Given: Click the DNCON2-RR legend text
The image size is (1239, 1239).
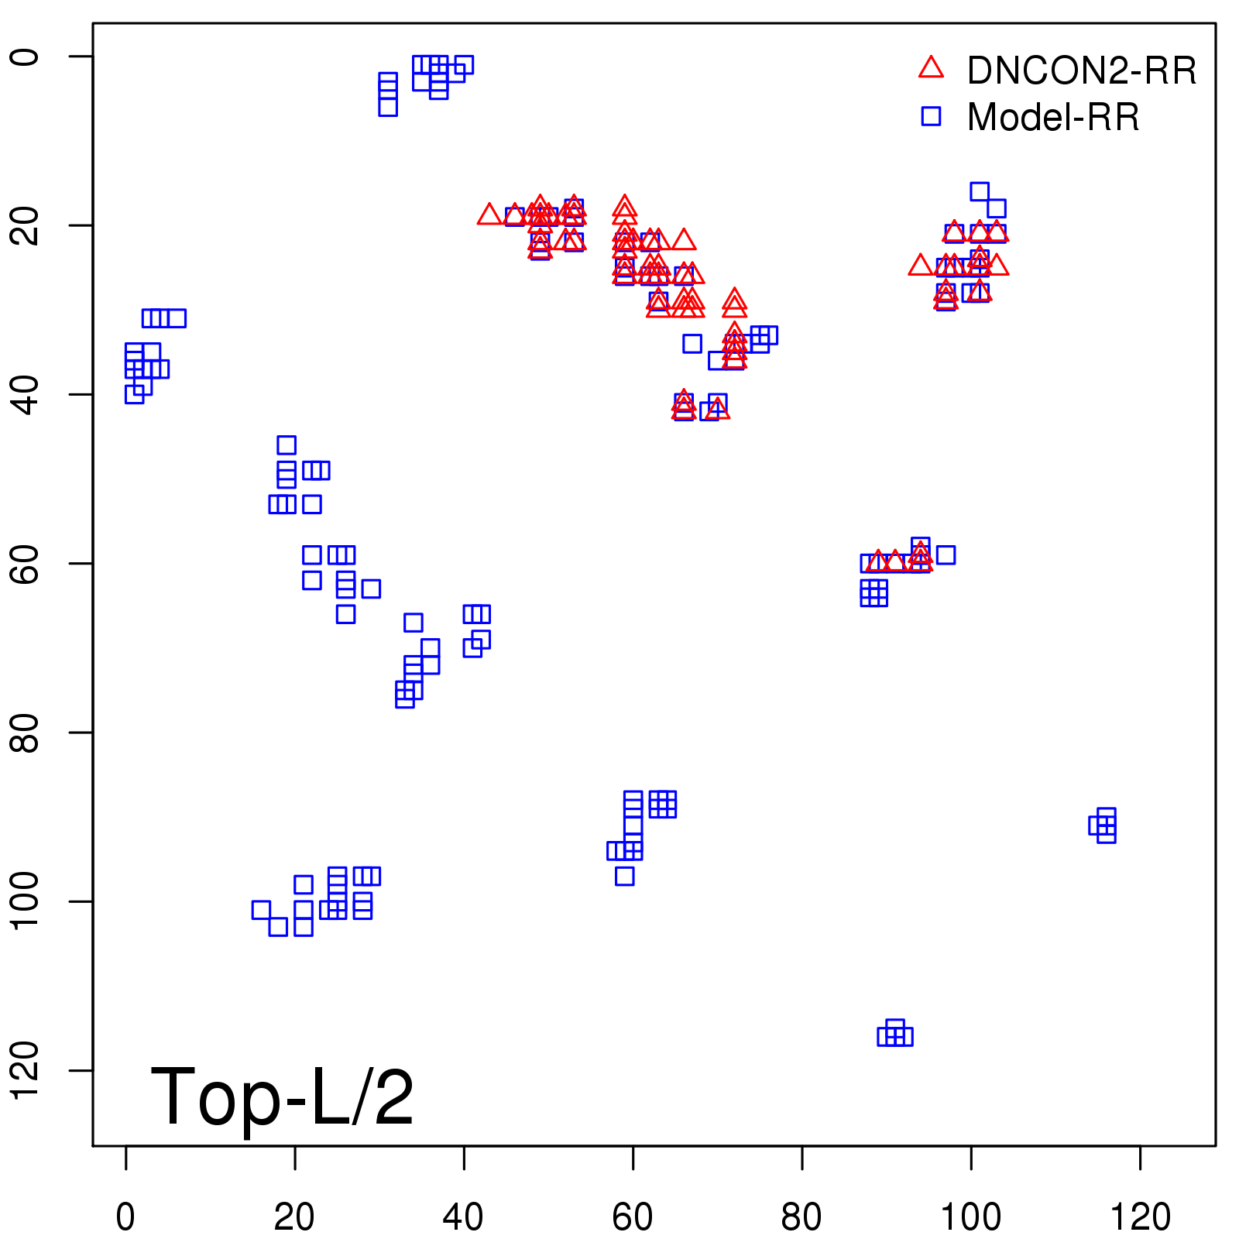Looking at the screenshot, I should (x=1081, y=71).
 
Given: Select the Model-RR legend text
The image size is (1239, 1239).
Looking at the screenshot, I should (x=1053, y=118).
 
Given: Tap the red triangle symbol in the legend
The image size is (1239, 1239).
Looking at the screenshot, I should (x=931, y=68).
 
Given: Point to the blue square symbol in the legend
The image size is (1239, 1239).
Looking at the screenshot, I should (x=931, y=116).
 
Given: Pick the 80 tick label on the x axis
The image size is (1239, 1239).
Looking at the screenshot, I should (x=801, y=1217).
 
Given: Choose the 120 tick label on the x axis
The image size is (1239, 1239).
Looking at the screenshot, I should (x=1140, y=1217).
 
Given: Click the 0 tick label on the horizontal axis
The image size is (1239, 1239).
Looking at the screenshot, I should (x=125, y=1217).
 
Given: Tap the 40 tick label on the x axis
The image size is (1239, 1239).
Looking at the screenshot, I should (x=463, y=1217).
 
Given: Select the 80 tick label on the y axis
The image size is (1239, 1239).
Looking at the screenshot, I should (x=26, y=733).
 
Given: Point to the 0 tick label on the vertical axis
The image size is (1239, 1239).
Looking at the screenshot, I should (x=26, y=57).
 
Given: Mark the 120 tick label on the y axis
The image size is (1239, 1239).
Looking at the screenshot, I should (x=26, y=1070).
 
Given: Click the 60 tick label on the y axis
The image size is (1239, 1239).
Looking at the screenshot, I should (x=26, y=563).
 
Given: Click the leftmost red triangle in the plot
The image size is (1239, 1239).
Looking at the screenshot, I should (x=489, y=215).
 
